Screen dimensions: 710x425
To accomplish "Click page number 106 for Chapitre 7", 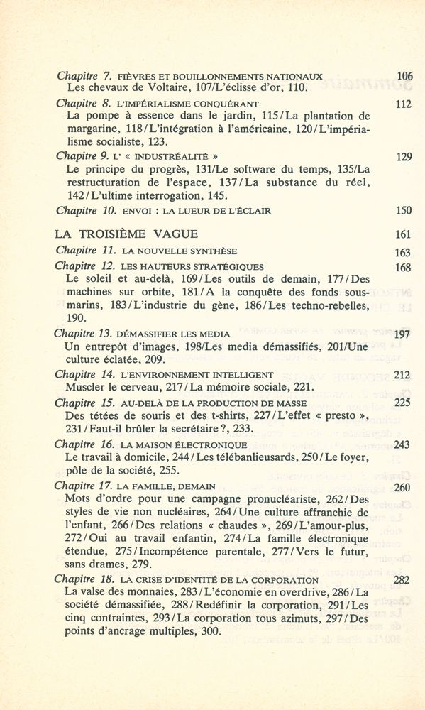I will (404, 76).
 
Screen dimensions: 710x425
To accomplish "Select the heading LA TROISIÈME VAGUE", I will (126, 234).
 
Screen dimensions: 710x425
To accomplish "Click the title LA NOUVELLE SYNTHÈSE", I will (180, 251).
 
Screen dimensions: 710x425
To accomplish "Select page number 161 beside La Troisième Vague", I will (403, 235).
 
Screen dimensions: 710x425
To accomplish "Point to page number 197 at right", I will (402, 334).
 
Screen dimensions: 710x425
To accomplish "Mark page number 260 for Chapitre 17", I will (402, 488).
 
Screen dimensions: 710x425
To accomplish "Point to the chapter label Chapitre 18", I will (84, 579).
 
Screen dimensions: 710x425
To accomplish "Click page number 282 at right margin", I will (402, 580).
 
